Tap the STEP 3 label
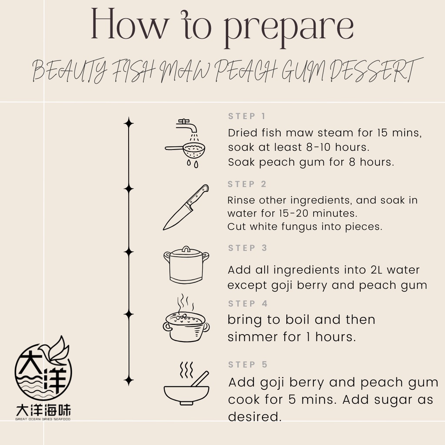tap(247, 248)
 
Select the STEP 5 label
tap(248, 365)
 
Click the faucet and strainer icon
tap(185, 143)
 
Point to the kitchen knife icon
tap(186, 207)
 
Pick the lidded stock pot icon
tap(186, 265)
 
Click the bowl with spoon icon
tap(186, 384)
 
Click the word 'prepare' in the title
tap(289, 28)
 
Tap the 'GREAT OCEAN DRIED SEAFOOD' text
tap(43, 419)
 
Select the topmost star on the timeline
tap(129, 123)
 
